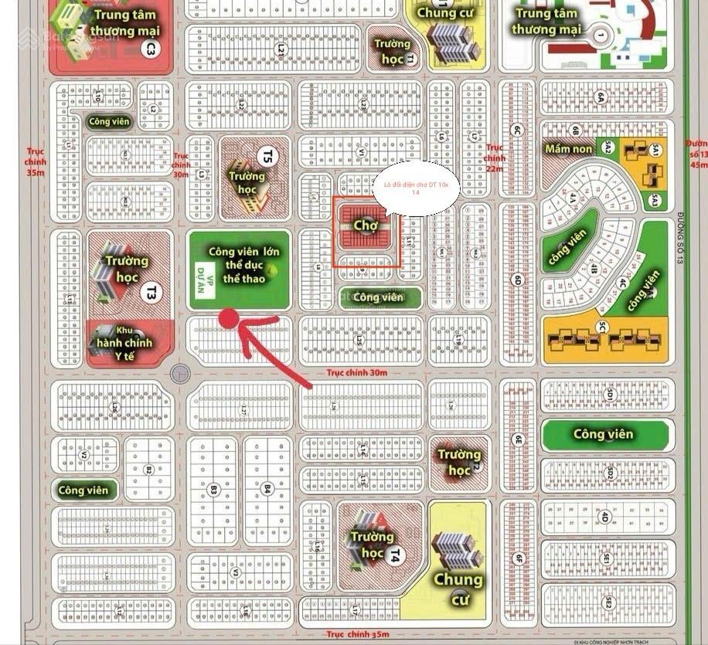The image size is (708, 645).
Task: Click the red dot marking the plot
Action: pyautogui.click(x=229, y=318)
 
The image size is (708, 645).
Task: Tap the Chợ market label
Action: pyautogui.click(x=364, y=225)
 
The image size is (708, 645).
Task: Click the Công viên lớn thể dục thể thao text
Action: pyautogui.click(x=244, y=263)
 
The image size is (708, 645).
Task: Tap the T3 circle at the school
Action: pyautogui.click(x=151, y=292)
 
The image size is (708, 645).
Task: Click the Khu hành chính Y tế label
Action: pyautogui.click(x=124, y=342)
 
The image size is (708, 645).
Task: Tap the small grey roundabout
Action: pyautogui.click(x=181, y=374)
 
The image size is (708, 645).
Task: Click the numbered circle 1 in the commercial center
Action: pyautogui.click(x=600, y=34)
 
